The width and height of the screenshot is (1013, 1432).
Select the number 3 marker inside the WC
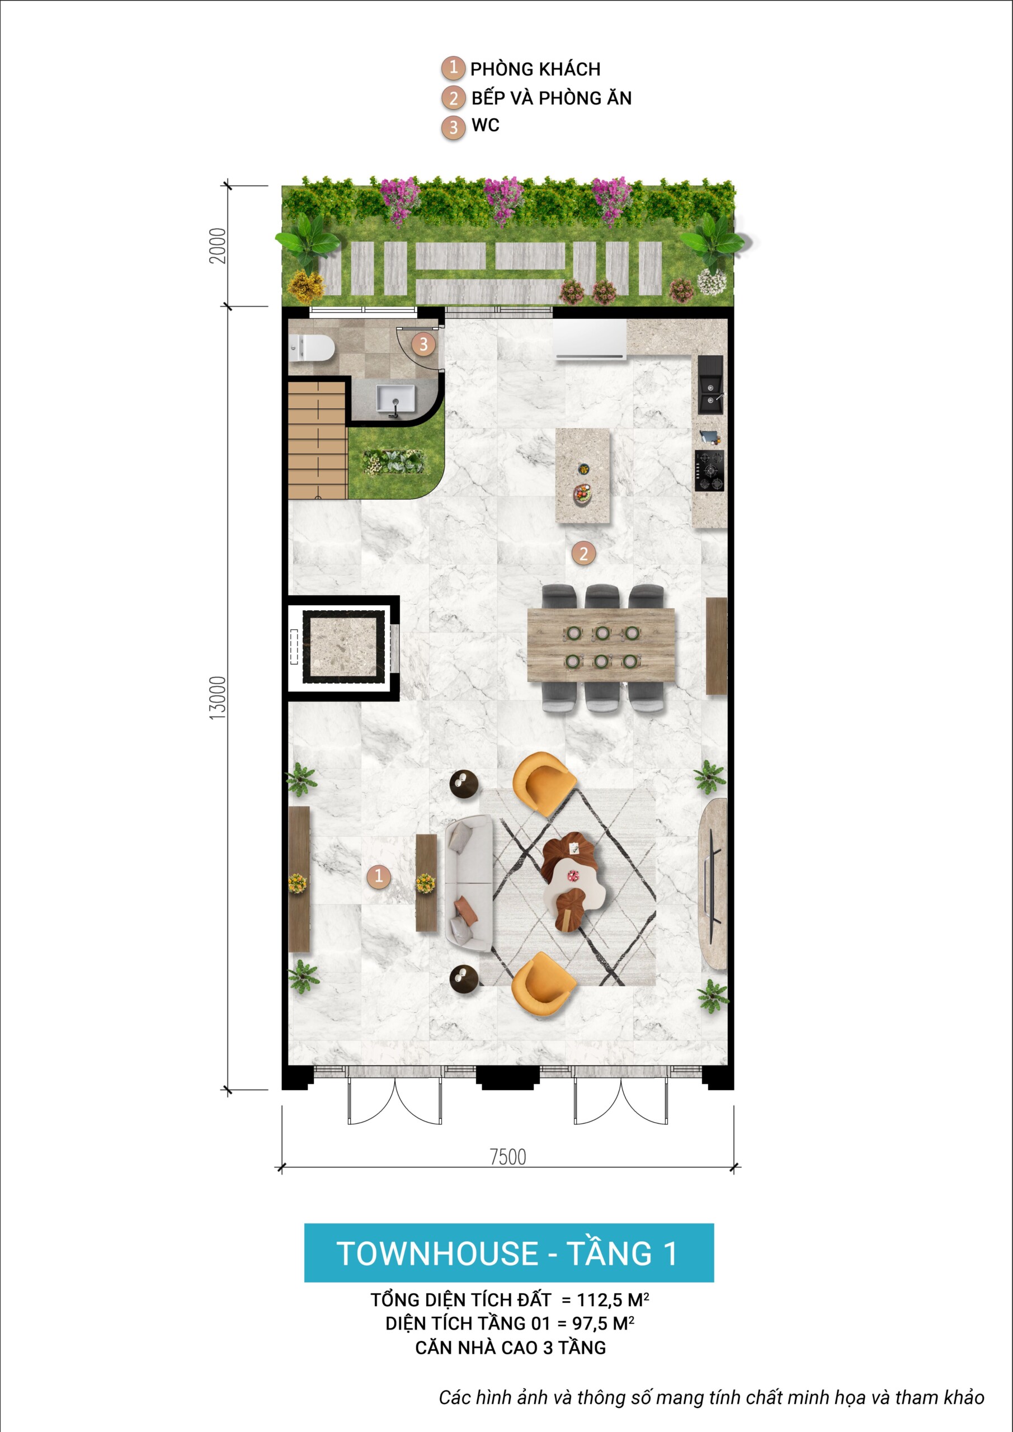[x=423, y=343]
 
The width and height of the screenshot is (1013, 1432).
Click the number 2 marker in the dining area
[x=583, y=553]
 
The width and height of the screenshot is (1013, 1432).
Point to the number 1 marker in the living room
[x=379, y=875]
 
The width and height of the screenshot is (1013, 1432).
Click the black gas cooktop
[x=710, y=470]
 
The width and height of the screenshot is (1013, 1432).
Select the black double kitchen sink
[x=710, y=384]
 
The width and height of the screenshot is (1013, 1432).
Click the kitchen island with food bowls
[x=583, y=475]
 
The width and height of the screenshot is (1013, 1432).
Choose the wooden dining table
[x=601, y=646]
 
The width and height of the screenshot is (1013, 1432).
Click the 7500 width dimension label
[x=508, y=1157]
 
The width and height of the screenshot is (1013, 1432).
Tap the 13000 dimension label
[x=217, y=699]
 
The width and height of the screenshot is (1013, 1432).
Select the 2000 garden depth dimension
[x=217, y=246]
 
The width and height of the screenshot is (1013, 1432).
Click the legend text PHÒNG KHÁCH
[x=535, y=69]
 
